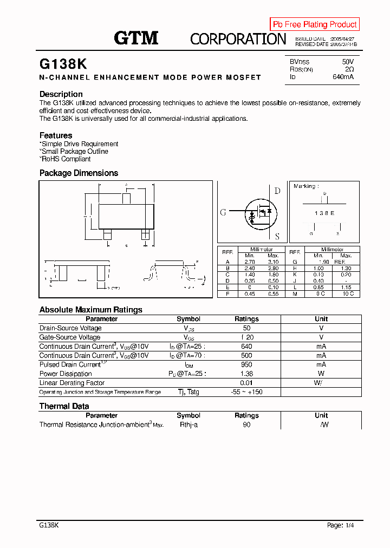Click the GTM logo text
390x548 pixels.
click(x=136, y=37)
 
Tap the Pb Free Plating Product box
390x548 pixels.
click(x=315, y=24)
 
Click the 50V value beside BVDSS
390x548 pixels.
click(x=348, y=62)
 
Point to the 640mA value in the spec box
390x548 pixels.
click(x=343, y=77)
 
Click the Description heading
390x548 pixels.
click(x=61, y=94)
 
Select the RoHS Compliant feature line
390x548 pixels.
click(x=66, y=159)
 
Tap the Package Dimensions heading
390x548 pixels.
click(x=79, y=173)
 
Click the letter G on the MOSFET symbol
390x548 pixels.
click(x=223, y=212)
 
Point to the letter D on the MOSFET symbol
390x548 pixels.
click(x=277, y=191)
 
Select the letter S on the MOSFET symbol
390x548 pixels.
click(x=277, y=236)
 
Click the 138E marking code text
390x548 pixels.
click(x=324, y=213)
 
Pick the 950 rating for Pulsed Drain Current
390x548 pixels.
click(x=246, y=364)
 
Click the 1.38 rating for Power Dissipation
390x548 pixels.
click(x=246, y=374)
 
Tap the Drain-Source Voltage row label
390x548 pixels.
click(x=70, y=328)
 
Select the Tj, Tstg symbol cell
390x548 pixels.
click(x=188, y=392)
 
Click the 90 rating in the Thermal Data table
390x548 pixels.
click(x=246, y=425)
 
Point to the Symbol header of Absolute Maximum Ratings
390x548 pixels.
click(x=188, y=319)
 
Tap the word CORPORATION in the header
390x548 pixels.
click(x=238, y=39)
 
